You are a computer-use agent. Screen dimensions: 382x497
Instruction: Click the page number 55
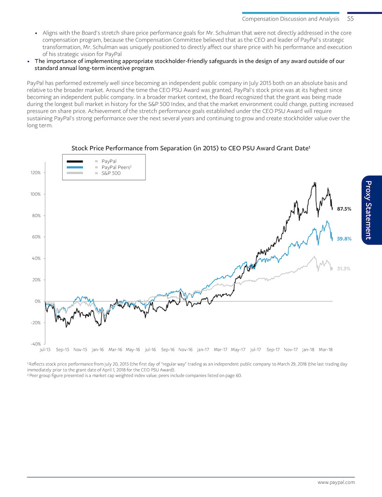[350, 19]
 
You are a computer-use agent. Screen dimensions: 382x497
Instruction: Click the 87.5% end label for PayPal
[344, 209]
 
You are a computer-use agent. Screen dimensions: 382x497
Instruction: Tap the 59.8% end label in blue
[344, 238]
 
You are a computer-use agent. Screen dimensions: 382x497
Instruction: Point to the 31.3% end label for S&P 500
[344, 268]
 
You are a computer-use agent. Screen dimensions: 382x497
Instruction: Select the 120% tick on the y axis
[36, 173]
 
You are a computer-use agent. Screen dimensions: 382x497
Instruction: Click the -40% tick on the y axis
[36, 344]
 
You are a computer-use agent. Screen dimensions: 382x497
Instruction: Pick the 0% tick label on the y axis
[38, 301]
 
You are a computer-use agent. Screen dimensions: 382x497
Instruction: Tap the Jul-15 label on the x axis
[45, 350]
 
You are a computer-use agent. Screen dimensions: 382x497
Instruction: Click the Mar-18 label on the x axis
[325, 350]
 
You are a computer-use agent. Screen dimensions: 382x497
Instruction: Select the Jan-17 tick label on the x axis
[203, 350]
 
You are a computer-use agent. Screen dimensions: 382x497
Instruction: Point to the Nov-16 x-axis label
[186, 350]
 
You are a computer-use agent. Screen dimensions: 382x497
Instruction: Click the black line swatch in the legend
[75, 161]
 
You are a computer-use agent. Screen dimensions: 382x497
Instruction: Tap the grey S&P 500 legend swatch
[75, 173]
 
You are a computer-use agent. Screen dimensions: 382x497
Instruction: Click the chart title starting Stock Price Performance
[190, 148]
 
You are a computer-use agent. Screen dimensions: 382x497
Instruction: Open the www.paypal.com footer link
[336, 483]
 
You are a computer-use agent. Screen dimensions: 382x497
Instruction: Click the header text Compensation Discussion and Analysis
[290, 19]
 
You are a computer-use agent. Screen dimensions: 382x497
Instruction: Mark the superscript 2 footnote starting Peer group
[135, 376]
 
